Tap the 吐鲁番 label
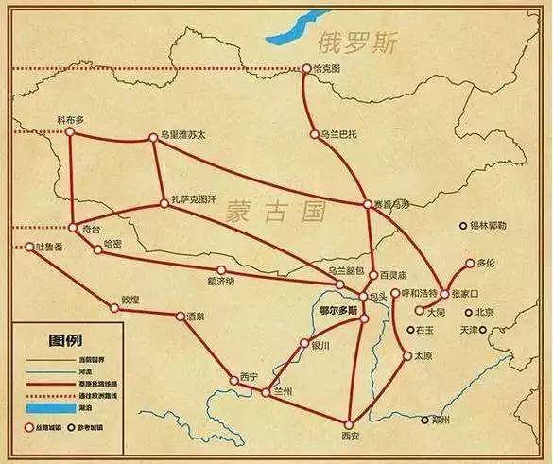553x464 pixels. (43, 247)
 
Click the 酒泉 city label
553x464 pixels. (196, 316)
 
